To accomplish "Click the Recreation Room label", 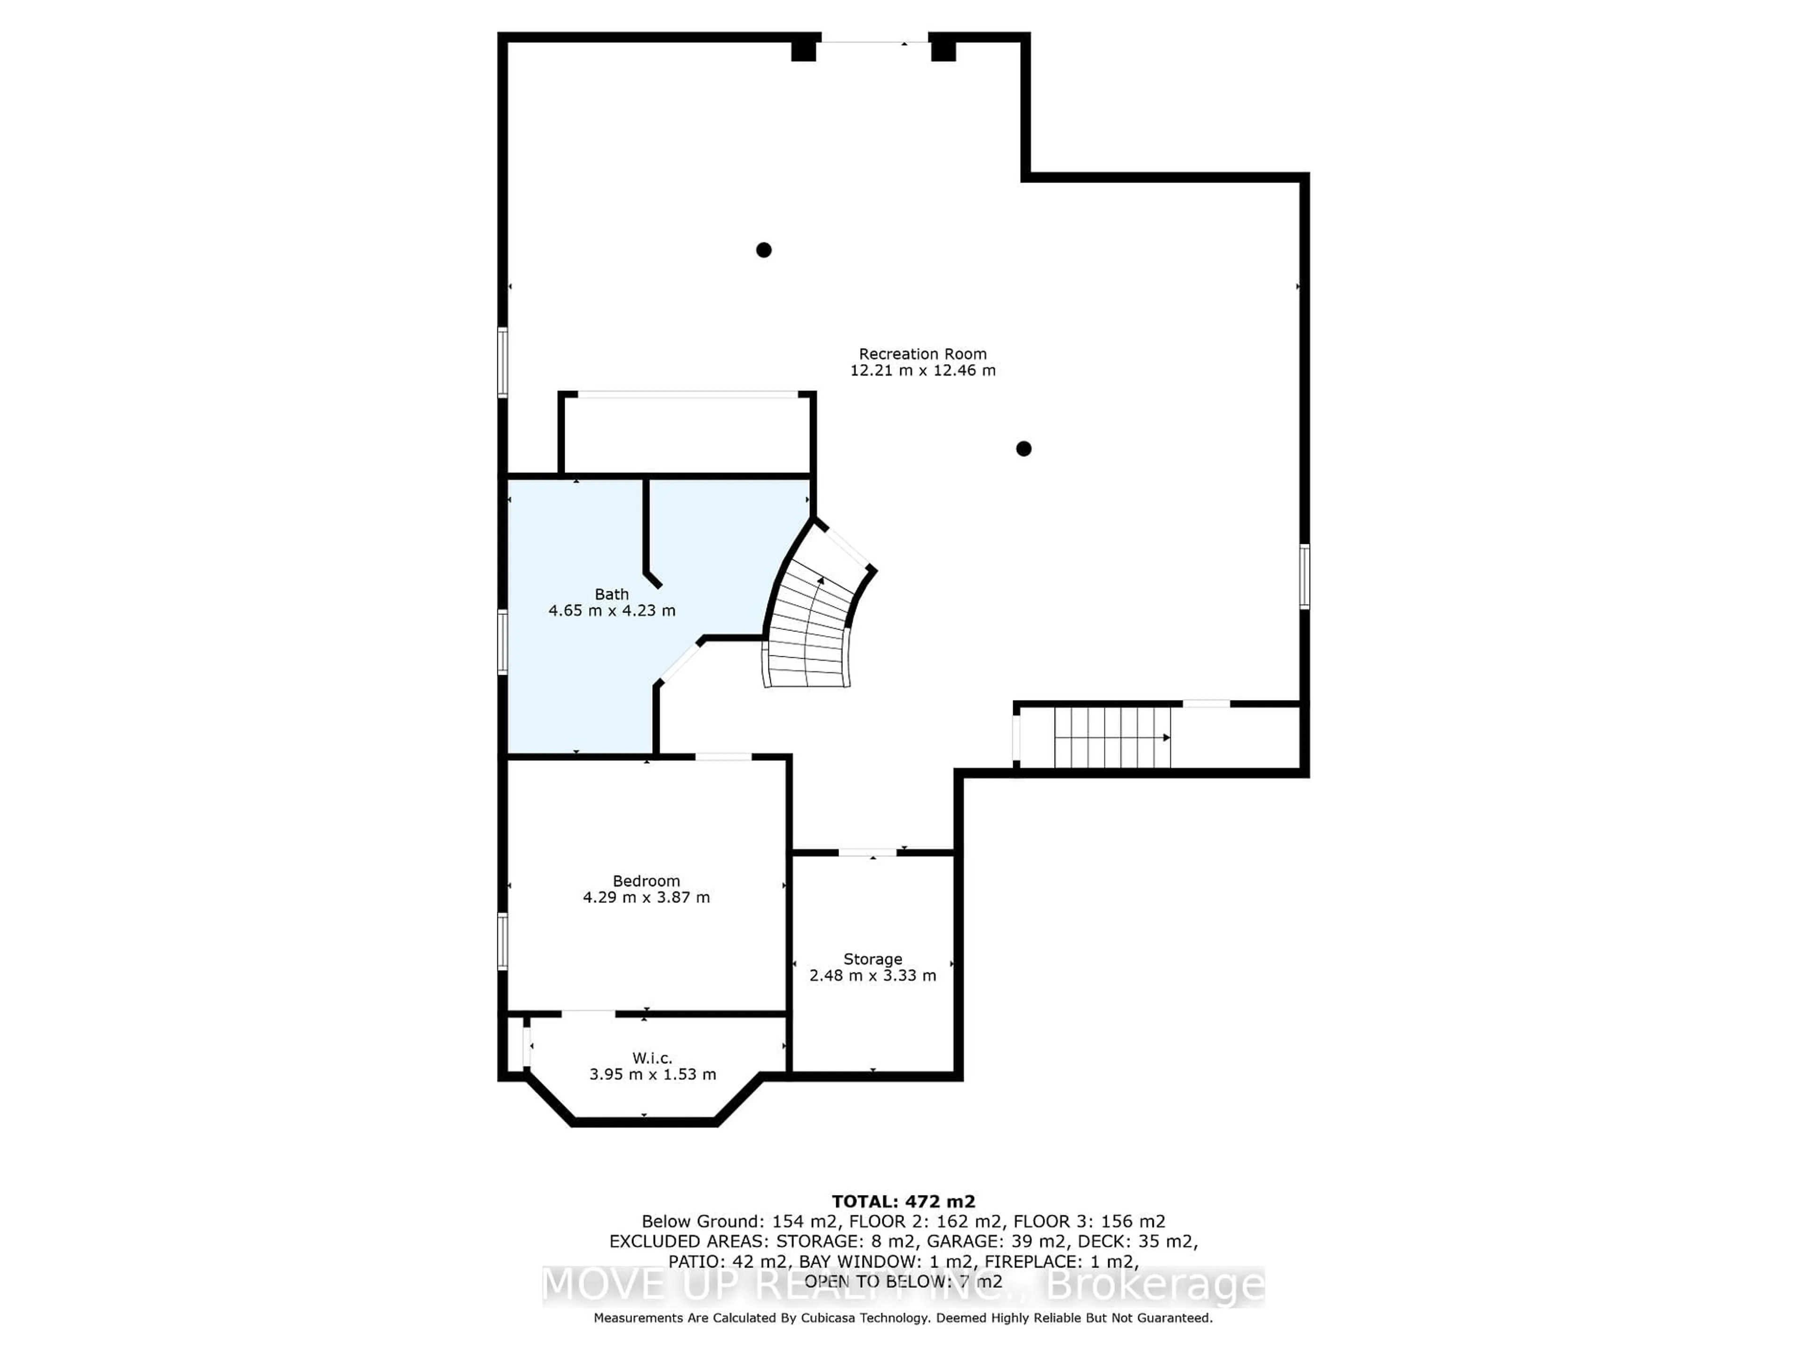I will click(x=922, y=354).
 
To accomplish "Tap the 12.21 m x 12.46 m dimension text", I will click(x=922, y=370).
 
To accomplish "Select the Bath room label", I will click(x=611, y=594).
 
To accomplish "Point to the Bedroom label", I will click(x=646, y=880).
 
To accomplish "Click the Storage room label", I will click(x=872, y=959).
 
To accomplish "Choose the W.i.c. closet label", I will click(x=652, y=1058).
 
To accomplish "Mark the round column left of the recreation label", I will click(x=764, y=250).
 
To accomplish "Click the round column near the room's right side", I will click(x=1023, y=448).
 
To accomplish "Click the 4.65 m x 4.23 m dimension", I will click(x=612, y=610).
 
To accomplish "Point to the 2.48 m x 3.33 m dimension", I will click(x=872, y=975).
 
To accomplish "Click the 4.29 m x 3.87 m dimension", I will click(x=646, y=897).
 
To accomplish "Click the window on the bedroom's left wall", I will click(x=503, y=941).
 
